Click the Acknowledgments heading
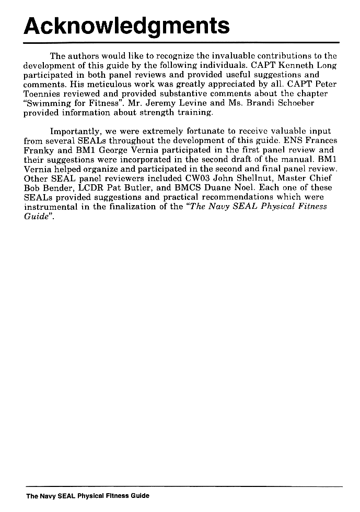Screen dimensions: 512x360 point(127,25)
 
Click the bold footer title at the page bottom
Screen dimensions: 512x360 point(88,496)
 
